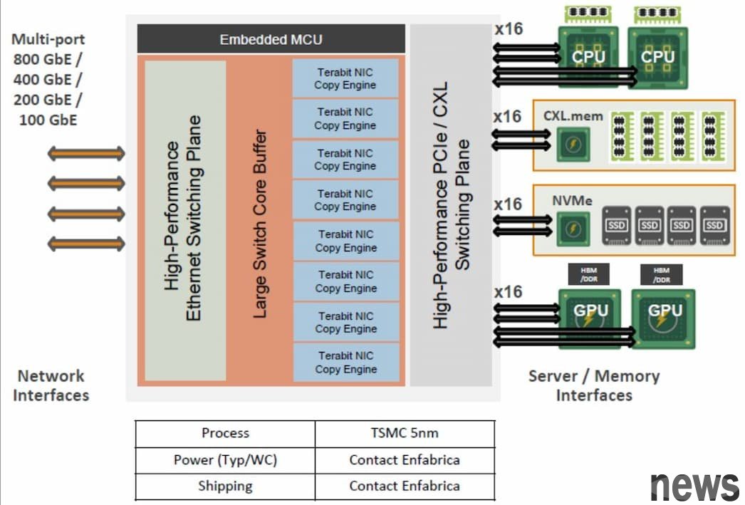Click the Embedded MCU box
(271, 39)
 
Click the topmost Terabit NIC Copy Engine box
(345, 78)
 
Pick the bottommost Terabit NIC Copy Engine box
(345, 363)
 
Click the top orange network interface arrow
(86, 153)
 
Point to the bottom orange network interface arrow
(86, 244)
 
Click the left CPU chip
(589, 56)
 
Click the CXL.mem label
(573, 115)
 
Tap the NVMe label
(572, 201)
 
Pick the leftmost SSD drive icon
(616, 225)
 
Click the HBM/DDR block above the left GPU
(588, 274)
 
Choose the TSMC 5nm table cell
(405, 433)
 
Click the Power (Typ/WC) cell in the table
(225, 460)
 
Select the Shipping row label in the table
(225, 486)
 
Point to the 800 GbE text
(47, 59)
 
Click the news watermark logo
(694, 486)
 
